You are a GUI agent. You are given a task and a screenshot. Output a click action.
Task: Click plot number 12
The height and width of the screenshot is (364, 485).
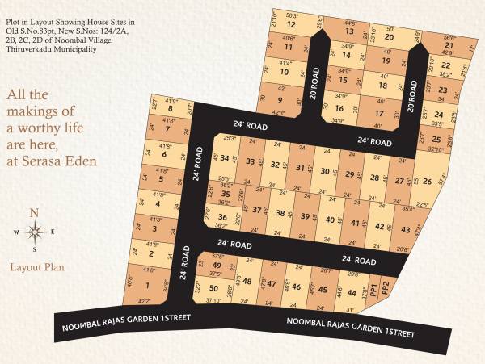pyautogui.click(x=291, y=25)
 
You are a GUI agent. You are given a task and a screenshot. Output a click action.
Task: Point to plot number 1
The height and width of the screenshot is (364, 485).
pyautogui.click(x=148, y=285)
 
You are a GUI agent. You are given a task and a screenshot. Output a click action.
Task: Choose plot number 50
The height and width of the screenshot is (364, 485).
pyautogui.click(x=213, y=288)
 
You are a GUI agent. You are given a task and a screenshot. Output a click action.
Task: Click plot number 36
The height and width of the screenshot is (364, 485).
pyautogui.click(x=221, y=218)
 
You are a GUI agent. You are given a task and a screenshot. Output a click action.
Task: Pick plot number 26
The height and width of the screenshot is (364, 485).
pyautogui.click(x=428, y=180)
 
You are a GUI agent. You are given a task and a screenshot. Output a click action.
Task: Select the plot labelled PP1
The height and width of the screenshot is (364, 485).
pyautogui.click(x=374, y=288)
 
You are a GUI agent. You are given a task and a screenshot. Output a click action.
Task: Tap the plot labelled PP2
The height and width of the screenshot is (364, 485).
pyautogui.click(x=386, y=287)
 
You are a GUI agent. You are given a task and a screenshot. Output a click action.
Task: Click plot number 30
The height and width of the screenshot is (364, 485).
pyautogui.click(x=325, y=172)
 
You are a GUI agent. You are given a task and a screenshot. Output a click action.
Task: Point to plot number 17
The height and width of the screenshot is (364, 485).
pyautogui.click(x=379, y=114)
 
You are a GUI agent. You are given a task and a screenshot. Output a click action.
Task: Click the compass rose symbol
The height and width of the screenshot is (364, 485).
pyautogui.click(x=36, y=232)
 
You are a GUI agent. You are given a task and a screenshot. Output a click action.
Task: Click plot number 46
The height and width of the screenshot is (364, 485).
pyautogui.click(x=296, y=287)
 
